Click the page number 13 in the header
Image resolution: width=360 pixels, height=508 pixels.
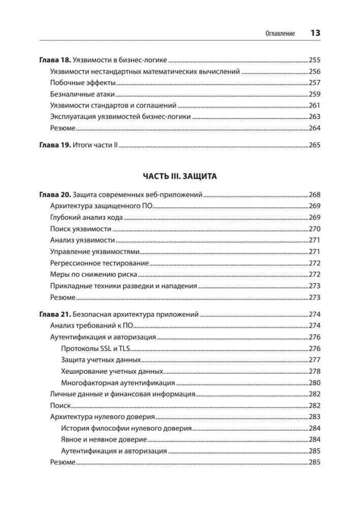click(x=315, y=33)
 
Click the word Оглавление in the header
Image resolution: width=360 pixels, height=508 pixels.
click(x=280, y=34)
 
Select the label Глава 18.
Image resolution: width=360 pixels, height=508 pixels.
click(x=55, y=59)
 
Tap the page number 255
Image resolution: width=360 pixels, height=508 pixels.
click(x=314, y=59)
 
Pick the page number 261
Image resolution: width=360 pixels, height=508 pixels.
click(x=314, y=106)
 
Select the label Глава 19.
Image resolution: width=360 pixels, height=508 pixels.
click(x=55, y=145)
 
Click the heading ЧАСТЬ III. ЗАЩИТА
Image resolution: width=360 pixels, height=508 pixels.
click(x=180, y=176)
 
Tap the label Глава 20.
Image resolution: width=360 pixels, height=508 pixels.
click(x=55, y=195)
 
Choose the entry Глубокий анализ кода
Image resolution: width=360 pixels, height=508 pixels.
click(x=87, y=217)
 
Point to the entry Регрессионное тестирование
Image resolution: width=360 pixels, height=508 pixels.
click(x=100, y=263)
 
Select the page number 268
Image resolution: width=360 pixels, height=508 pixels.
click(x=314, y=195)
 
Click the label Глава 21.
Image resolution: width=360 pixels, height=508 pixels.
click(x=55, y=314)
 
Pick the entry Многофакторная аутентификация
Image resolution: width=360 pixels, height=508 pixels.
click(x=118, y=383)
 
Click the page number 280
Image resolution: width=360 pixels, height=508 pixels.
click(x=314, y=383)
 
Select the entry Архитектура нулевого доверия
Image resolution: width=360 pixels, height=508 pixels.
click(x=103, y=417)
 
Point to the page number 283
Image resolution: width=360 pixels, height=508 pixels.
click(x=314, y=417)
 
